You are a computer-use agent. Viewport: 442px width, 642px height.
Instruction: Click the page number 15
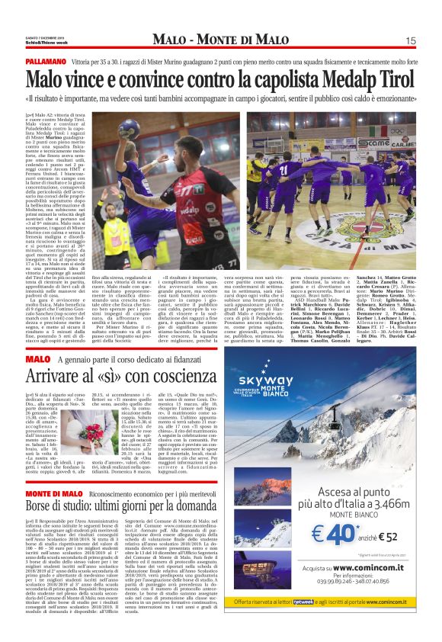pyautogui.click(x=410, y=40)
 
